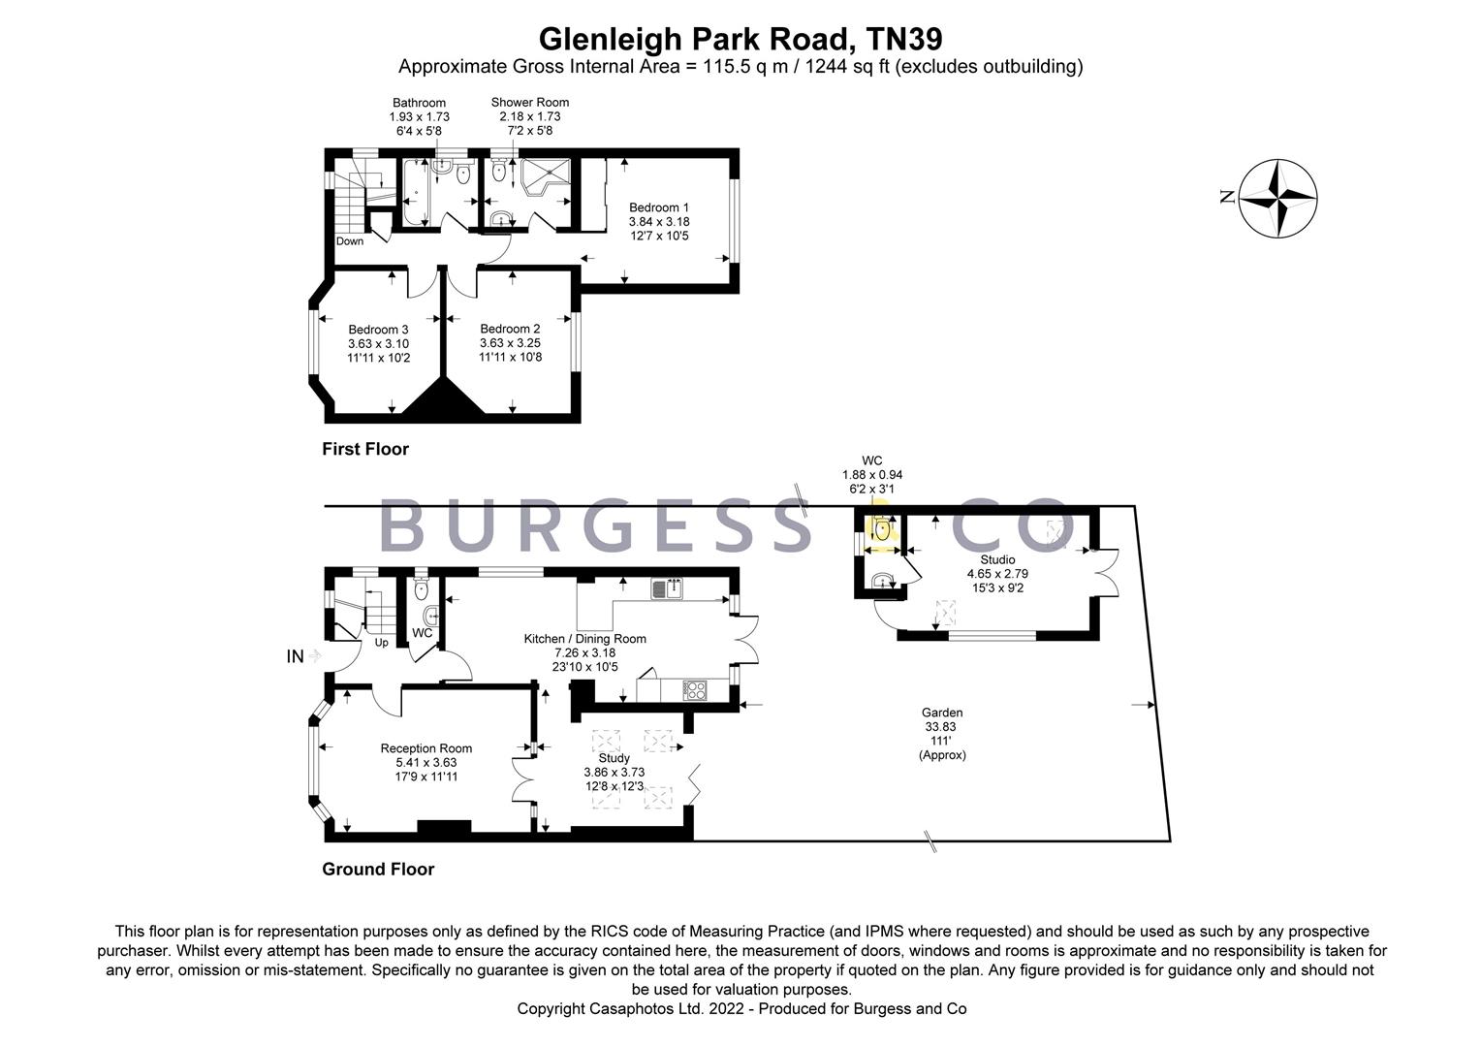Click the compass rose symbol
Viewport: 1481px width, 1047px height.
pos(1278,198)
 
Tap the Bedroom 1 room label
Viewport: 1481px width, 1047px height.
pos(659,207)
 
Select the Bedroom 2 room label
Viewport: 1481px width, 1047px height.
pos(510,329)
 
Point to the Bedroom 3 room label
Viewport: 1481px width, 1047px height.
pos(378,330)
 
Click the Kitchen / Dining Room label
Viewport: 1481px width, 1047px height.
pos(584,639)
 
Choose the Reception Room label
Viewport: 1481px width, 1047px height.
pos(425,748)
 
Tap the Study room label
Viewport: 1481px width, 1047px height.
pos(614,758)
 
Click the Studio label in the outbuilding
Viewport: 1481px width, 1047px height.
pos(997,559)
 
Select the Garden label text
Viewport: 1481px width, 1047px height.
pos(942,713)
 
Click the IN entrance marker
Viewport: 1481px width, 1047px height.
pos(296,657)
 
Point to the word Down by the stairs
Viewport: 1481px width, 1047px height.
pos(350,241)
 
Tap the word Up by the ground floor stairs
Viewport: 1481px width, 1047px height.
pos(381,643)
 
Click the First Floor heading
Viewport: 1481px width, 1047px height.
pos(365,449)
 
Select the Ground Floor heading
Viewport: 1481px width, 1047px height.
pos(378,869)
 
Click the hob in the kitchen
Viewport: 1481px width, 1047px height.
pos(695,690)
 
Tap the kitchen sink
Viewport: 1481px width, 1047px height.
pos(667,588)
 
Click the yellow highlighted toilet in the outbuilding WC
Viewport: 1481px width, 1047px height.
pos(882,530)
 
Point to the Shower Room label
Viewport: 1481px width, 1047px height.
pos(529,102)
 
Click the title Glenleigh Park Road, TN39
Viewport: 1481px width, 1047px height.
pos(740,39)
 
